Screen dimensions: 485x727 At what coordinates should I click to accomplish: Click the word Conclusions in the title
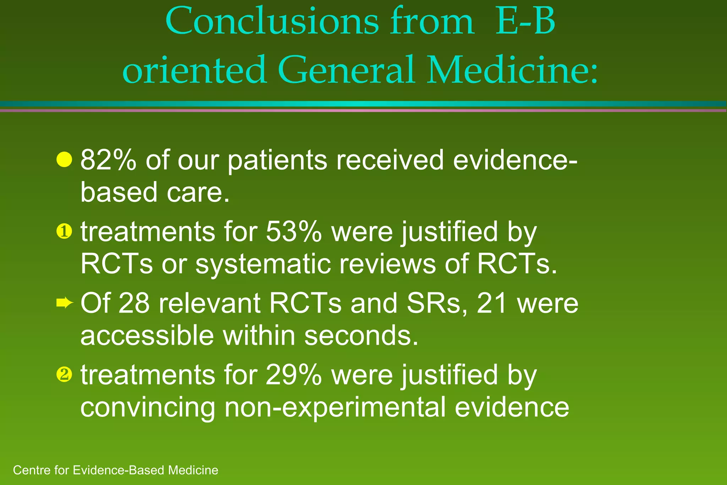[272, 22]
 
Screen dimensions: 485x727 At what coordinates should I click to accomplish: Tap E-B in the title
[525, 22]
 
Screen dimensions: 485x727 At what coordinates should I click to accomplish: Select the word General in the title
[346, 70]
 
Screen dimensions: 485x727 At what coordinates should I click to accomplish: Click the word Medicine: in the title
[513, 70]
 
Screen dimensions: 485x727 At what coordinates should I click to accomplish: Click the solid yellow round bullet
[64, 159]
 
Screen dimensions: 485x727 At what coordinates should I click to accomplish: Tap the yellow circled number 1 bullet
[64, 232]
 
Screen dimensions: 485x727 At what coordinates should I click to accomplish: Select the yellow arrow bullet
[65, 303]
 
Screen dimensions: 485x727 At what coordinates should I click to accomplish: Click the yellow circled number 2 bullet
[64, 375]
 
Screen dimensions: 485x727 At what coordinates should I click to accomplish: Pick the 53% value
[294, 231]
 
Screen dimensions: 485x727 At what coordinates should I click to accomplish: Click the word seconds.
[361, 336]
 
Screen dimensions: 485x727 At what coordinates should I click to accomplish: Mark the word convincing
[148, 407]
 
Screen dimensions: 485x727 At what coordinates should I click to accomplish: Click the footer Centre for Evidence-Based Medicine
[115, 470]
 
